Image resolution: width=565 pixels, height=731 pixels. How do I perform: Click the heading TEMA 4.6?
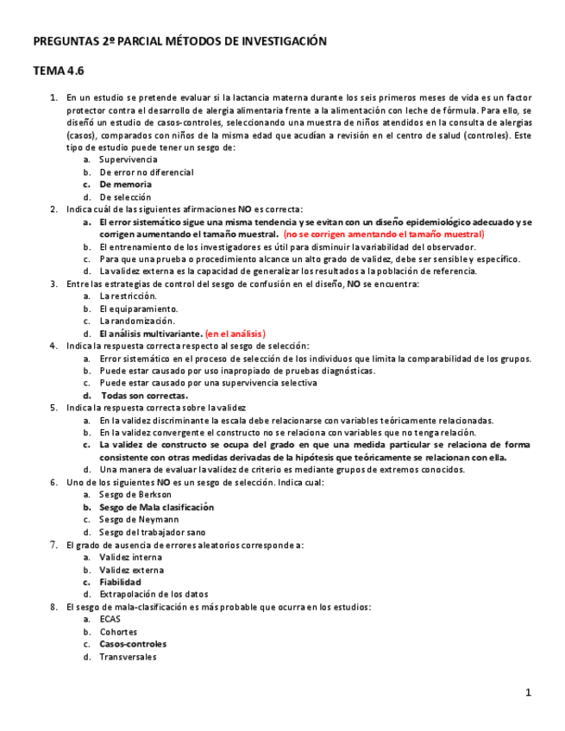pos(59,71)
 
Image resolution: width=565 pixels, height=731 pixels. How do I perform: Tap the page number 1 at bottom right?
pos(529,692)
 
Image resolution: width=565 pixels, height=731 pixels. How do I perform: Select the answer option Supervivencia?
pos(128,159)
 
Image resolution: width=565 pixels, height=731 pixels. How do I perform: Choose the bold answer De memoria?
pos(125,184)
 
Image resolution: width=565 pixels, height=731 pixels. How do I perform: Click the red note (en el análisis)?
pos(235,333)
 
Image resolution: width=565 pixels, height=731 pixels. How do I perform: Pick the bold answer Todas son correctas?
pos(143,395)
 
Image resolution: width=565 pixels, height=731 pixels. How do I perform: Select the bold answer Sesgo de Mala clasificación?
pos(156,507)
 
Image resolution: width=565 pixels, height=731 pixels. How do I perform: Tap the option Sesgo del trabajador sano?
pos(152,532)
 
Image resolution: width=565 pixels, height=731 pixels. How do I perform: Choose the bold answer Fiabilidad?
pos(120,582)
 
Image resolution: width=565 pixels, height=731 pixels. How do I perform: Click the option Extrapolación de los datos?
pos(154,594)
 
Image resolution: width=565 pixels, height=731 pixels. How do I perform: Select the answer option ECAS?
pos(110,619)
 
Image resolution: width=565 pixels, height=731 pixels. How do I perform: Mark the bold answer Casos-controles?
pos(133,643)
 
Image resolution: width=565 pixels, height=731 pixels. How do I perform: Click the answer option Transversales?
pos(128,656)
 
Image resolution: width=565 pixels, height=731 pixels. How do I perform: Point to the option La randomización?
pos(136,321)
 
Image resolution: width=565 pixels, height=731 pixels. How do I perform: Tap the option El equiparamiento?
pos(138,308)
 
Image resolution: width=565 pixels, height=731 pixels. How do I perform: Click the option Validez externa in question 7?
pos(131,570)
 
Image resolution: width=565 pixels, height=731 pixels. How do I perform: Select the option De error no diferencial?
pos(146,172)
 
